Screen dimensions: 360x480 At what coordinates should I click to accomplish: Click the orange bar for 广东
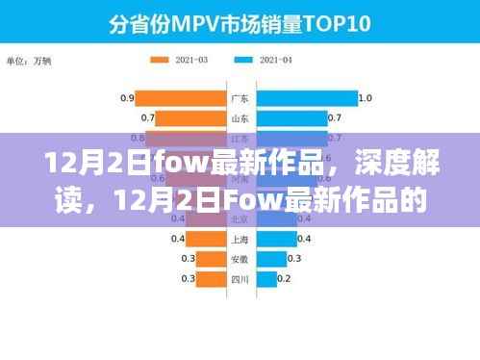coord(180,98)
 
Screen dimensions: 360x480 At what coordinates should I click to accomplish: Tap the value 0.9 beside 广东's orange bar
coord(126,98)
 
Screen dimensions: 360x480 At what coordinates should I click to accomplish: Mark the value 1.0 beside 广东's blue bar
coord(365,98)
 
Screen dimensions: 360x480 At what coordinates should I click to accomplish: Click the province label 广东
coord(240,98)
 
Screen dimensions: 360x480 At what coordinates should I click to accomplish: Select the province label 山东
coord(240,119)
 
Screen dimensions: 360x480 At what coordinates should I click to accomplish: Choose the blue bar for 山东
coord(290,119)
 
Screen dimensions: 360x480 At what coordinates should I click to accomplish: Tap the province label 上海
coord(240,238)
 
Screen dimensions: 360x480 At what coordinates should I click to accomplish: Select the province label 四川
coord(240,278)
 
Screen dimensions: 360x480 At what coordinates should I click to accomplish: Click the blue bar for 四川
coord(265,278)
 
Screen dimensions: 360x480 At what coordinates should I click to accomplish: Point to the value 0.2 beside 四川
coord(285,278)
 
